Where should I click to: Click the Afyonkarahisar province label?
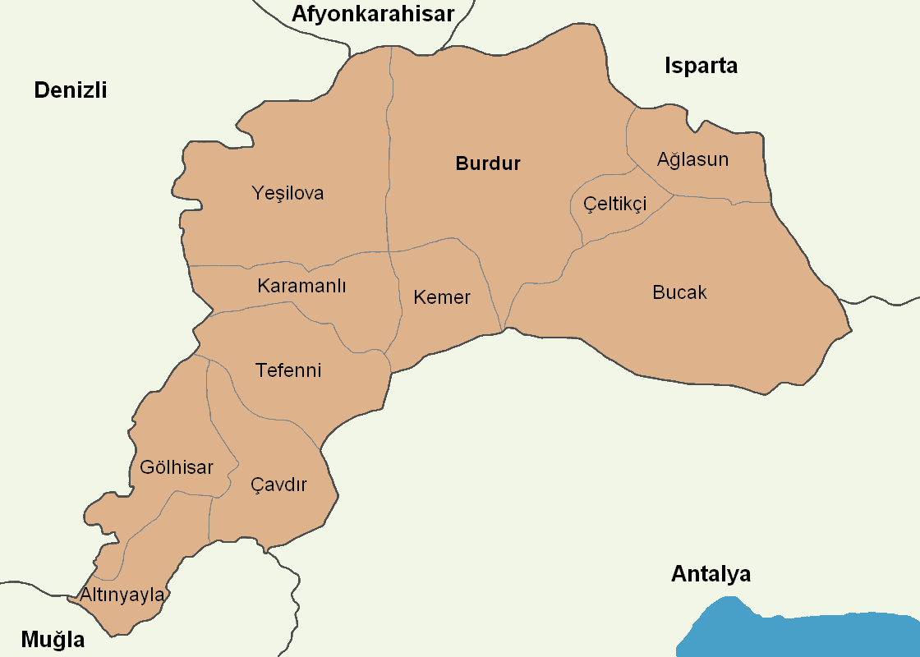click(x=372, y=14)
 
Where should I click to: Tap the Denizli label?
click(x=71, y=90)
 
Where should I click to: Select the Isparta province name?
click(x=701, y=66)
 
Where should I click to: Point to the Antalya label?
click(x=711, y=574)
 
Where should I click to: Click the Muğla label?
click(x=53, y=639)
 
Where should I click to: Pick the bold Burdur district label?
click(x=488, y=163)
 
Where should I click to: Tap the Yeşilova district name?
click(x=287, y=194)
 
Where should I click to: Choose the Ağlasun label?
click(x=692, y=159)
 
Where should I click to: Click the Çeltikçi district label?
click(x=614, y=204)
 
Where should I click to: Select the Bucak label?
click(x=679, y=292)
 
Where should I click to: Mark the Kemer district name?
click(x=442, y=297)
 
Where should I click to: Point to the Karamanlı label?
click(x=301, y=287)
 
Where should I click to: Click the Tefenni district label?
click(x=288, y=370)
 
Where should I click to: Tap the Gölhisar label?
click(x=177, y=468)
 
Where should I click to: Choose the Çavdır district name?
click(x=278, y=485)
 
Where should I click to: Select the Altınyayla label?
click(x=122, y=594)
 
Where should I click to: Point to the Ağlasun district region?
click(x=723, y=181)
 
